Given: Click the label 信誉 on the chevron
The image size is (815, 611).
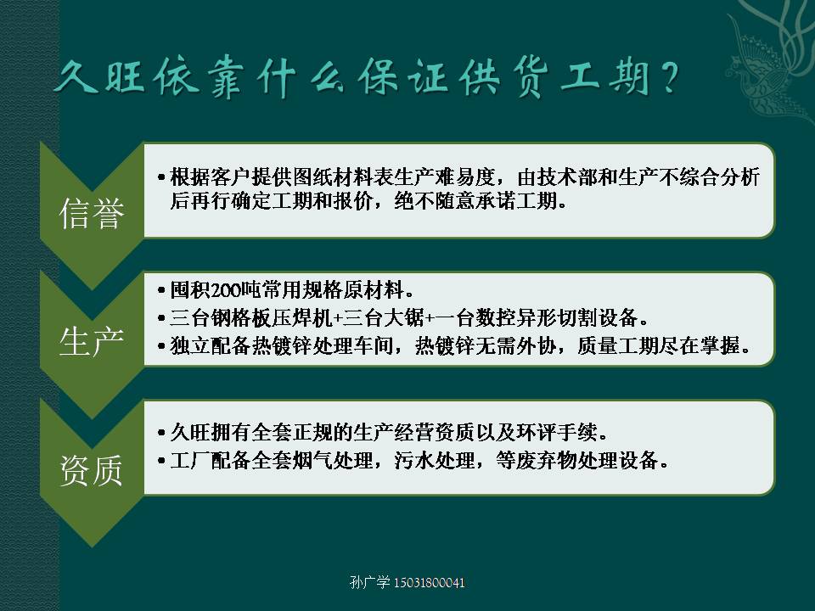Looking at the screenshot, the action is click(x=92, y=213).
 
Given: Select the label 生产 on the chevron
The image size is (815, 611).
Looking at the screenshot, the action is click(x=92, y=342).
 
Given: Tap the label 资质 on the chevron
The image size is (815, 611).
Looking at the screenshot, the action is click(x=92, y=470).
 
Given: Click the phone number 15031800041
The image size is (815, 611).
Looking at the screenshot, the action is click(x=429, y=582).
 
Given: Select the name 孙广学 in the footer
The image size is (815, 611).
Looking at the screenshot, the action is click(x=370, y=582).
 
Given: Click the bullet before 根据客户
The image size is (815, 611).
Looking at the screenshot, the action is click(x=161, y=177).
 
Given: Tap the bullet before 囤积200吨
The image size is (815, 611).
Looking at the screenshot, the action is click(x=161, y=290).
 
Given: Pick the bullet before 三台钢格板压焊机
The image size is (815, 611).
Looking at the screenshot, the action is click(x=161, y=317).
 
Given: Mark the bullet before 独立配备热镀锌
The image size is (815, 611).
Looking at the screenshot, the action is click(x=161, y=345).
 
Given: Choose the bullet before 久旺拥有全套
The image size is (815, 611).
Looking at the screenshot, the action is click(x=161, y=432).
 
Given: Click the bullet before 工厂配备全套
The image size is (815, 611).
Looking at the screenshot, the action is click(x=161, y=460).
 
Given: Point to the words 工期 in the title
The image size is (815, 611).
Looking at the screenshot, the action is click(x=605, y=78).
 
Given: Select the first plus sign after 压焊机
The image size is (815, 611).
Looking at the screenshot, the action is click(x=338, y=318).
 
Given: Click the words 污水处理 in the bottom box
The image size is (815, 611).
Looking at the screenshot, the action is click(x=434, y=460).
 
